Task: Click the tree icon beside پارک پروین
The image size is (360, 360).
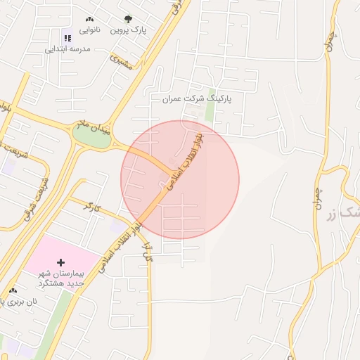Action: click(127, 20)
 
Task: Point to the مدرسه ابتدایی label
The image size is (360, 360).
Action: click(68, 49)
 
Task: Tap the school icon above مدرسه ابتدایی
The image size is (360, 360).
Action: click(67, 38)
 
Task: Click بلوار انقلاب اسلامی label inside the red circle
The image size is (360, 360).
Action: click(184, 162)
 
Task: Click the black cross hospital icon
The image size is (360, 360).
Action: click(60, 262)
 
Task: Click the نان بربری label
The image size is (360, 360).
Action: click(17, 301)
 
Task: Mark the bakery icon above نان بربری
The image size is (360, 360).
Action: click(13, 290)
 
